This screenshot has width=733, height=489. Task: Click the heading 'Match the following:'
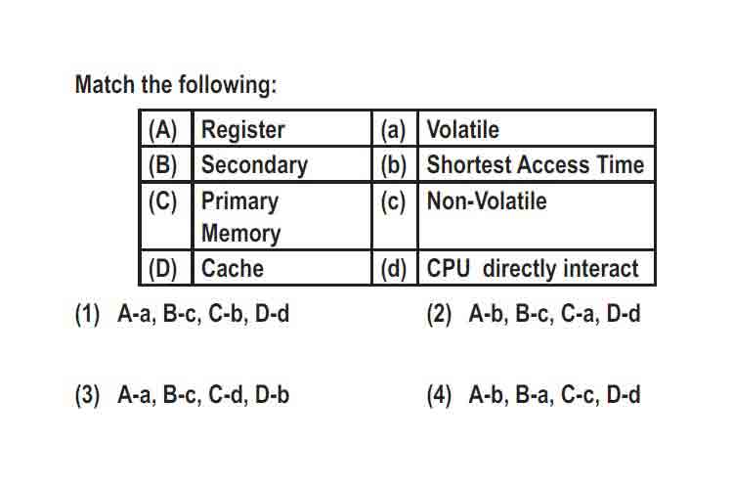point(176,85)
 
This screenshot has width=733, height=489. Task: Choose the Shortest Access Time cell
point(536,164)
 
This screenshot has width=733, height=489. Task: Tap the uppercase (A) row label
point(162,130)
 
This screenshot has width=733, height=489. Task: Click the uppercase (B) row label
point(162,165)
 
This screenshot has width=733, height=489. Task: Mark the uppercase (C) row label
point(162,201)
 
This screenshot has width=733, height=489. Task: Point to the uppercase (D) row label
point(162,269)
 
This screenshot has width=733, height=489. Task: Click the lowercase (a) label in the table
point(393,130)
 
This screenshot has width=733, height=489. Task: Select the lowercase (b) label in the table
point(393,165)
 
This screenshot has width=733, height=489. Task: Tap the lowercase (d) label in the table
point(393,269)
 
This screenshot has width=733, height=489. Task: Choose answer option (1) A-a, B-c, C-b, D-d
point(183,314)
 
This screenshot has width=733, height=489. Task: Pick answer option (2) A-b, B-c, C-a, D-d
point(534,314)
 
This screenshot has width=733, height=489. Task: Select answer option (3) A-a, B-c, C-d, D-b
point(183,394)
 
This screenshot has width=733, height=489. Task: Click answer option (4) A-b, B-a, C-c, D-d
point(534,394)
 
